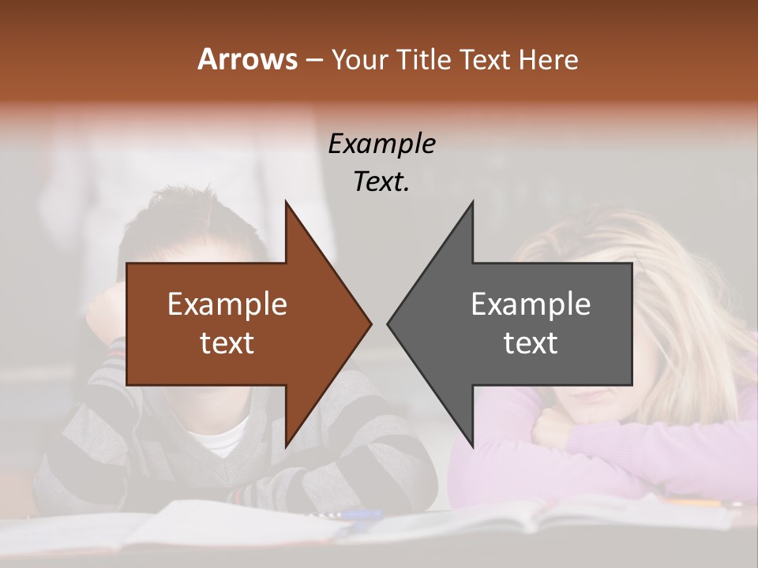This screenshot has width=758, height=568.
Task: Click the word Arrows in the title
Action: pyautogui.click(x=247, y=59)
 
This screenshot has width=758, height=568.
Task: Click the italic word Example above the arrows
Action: pyautogui.click(x=381, y=144)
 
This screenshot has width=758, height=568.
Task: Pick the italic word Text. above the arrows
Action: pyautogui.click(x=381, y=181)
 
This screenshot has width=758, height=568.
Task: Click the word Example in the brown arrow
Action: pyautogui.click(x=227, y=304)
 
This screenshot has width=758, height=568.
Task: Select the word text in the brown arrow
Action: pyautogui.click(x=227, y=342)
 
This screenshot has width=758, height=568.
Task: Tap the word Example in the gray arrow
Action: pyautogui.click(x=531, y=304)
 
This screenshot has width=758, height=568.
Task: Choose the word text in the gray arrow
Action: pyautogui.click(x=531, y=342)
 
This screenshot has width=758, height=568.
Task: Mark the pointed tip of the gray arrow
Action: pyautogui.click(x=388, y=323)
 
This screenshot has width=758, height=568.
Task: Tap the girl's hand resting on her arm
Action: pyautogui.click(x=553, y=430)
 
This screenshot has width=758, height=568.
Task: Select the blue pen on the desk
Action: pyautogui.click(x=359, y=514)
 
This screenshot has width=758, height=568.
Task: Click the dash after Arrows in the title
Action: pyautogui.click(x=313, y=60)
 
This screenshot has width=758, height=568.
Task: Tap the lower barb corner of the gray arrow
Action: pyautogui.click(x=472, y=446)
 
